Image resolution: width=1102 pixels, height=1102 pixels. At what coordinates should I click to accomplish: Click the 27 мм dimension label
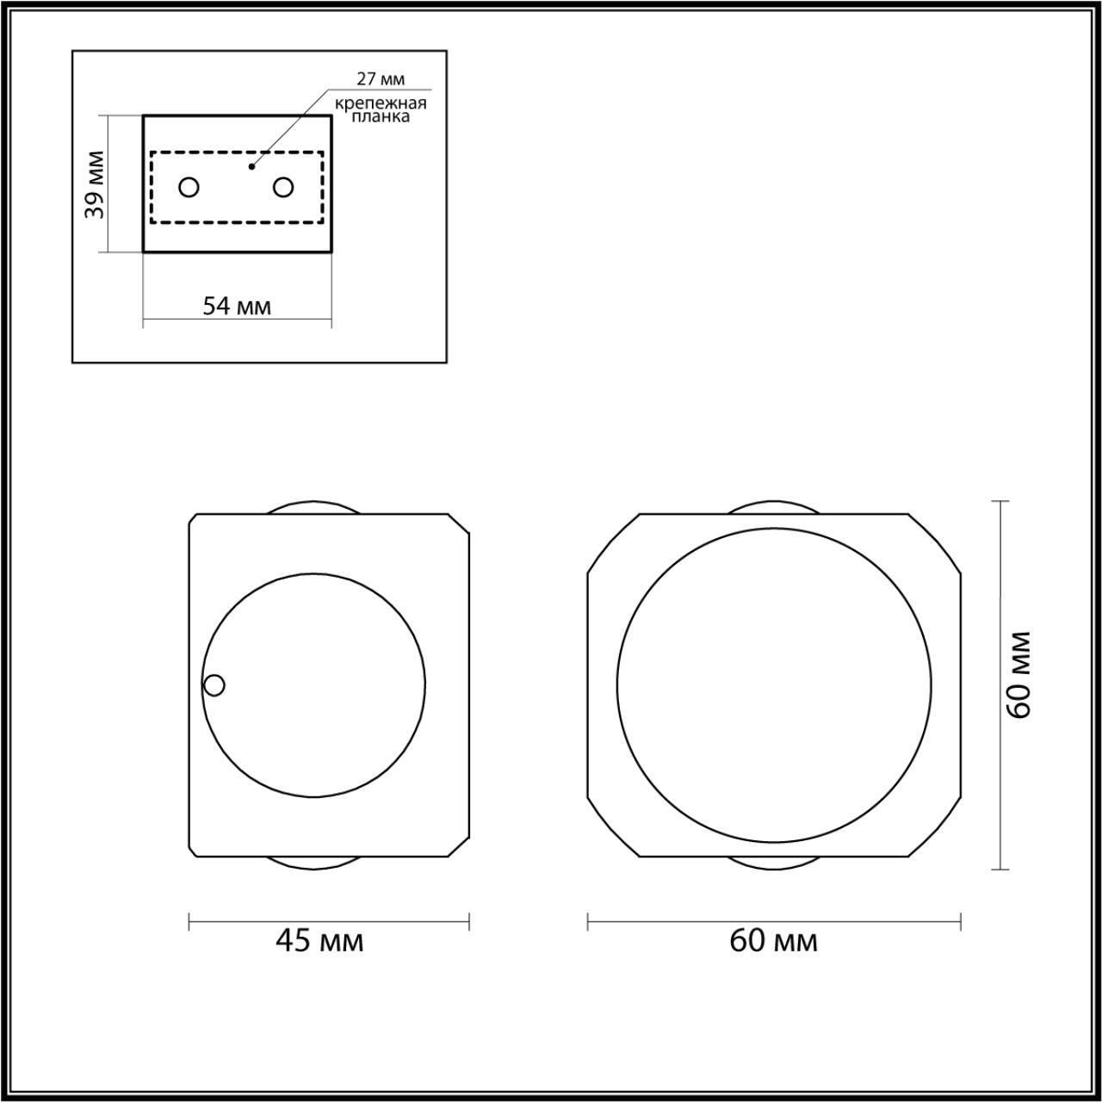tap(381, 79)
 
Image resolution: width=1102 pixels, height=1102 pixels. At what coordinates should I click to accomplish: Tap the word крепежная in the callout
tap(381, 103)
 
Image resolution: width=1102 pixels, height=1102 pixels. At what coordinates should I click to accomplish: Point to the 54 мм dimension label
tap(237, 306)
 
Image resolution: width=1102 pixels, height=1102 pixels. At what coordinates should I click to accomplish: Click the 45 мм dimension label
tap(319, 941)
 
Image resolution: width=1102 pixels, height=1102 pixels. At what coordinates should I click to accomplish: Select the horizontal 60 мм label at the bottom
tap(773, 941)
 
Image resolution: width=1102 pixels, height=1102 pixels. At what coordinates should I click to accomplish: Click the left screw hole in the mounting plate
tap(189, 187)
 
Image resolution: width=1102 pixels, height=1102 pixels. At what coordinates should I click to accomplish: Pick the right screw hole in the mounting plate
tap(283, 187)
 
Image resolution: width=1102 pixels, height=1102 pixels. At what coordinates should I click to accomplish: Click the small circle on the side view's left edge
tap(214, 685)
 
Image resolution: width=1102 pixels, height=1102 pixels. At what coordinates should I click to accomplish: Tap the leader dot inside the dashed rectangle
tap(251, 166)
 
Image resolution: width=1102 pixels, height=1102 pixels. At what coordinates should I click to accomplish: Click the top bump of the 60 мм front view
tap(773, 508)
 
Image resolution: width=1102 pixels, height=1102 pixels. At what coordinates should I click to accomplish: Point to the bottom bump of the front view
tap(773, 864)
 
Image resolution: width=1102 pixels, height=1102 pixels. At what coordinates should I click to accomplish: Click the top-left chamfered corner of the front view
tap(612, 542)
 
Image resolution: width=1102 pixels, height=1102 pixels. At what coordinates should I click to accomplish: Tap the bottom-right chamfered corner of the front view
tap(935, 828)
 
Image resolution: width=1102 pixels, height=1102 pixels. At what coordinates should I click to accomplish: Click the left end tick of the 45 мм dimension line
tap(189, 922)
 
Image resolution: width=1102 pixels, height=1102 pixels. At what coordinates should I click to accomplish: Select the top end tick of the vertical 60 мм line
tap(1000, 501)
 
